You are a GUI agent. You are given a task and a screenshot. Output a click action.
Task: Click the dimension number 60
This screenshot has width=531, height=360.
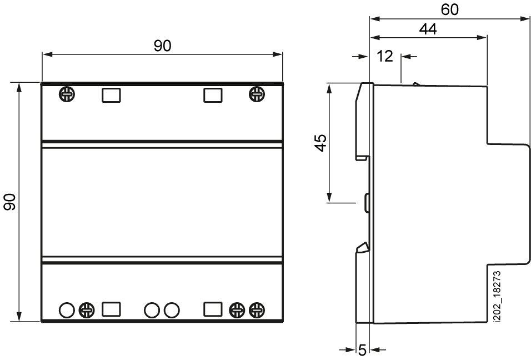450,9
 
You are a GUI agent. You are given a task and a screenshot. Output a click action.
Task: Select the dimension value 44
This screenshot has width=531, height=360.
428,29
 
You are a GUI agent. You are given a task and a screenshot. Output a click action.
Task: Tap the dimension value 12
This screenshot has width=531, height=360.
385,56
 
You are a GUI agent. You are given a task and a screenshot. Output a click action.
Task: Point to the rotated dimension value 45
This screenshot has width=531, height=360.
320,143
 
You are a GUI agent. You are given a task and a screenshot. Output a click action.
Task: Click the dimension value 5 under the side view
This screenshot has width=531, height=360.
362,350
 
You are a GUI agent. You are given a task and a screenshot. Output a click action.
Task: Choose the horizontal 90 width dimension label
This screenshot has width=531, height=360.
163,46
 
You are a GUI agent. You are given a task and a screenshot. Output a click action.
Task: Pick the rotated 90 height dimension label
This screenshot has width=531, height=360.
10,202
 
